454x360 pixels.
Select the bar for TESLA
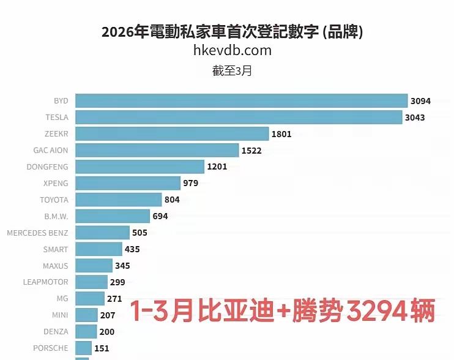239,117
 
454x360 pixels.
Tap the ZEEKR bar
172,133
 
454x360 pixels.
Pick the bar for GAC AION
157,150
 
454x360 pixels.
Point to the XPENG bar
128,183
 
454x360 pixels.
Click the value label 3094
422,100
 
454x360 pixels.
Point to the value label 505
140,233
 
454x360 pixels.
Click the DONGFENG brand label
48,167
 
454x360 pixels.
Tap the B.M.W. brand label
56,216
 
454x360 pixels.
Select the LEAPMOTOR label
46,282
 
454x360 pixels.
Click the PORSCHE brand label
51,348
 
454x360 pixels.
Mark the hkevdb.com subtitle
232,50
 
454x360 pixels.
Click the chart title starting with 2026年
232,32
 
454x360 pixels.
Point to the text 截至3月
232,70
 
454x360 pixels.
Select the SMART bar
99,249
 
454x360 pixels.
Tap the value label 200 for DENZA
106,332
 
